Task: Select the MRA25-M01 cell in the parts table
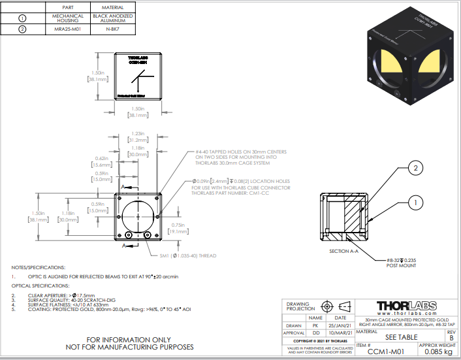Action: pos(68,29)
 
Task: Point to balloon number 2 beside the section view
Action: pos(413,168)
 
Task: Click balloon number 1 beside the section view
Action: pos(413,204)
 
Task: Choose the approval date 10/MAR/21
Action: pos(341,332)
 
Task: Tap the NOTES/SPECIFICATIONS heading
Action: pos(39,268)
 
